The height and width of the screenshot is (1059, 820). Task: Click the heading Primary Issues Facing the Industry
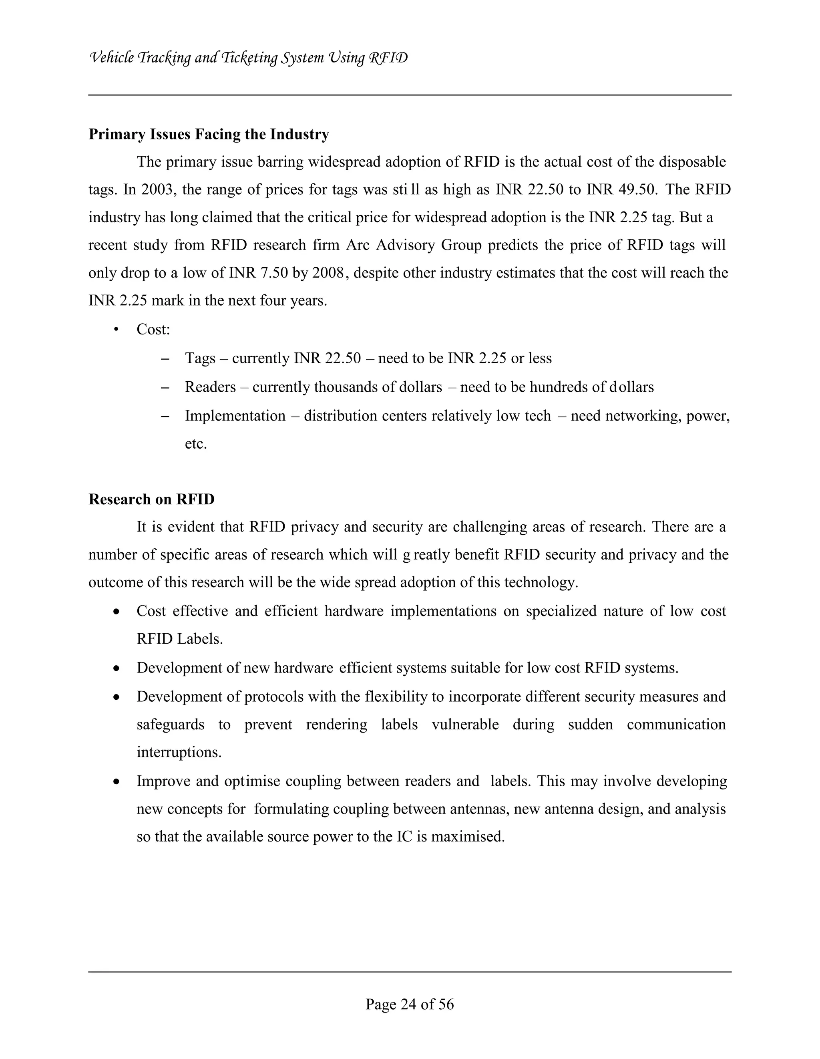pos(208,134)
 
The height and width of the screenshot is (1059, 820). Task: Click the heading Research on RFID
pos(151,499)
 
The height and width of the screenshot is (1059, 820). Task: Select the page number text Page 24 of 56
pos(410,1004)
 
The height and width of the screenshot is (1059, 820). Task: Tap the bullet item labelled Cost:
pos(153,330)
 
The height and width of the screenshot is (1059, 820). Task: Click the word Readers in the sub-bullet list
pos(210,387)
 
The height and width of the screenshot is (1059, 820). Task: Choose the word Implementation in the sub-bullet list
pos(235,416)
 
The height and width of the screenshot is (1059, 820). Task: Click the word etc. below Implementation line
pos(196,444)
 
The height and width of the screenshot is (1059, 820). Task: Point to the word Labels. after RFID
pos(200,639)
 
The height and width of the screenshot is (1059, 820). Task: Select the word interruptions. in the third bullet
pos(179,753)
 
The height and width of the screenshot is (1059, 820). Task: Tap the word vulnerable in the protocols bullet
pos(465,725)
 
